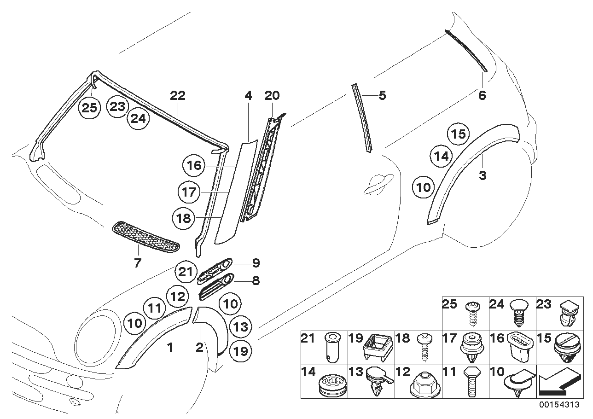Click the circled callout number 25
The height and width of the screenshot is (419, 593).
[89, 108]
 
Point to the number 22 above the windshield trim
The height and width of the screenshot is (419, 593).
[178, 96]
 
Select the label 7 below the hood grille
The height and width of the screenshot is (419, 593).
[138, 263]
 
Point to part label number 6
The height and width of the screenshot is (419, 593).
[482, 96]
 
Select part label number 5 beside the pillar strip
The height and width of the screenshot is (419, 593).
[382, 96]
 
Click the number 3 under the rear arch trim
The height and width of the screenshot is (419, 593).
[483, 175]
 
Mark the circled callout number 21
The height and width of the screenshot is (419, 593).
[185, 272]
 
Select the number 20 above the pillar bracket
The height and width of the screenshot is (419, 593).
[272, 96]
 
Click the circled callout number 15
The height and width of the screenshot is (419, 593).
[458, 134]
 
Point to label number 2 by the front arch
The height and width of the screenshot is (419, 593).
[199, 348]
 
